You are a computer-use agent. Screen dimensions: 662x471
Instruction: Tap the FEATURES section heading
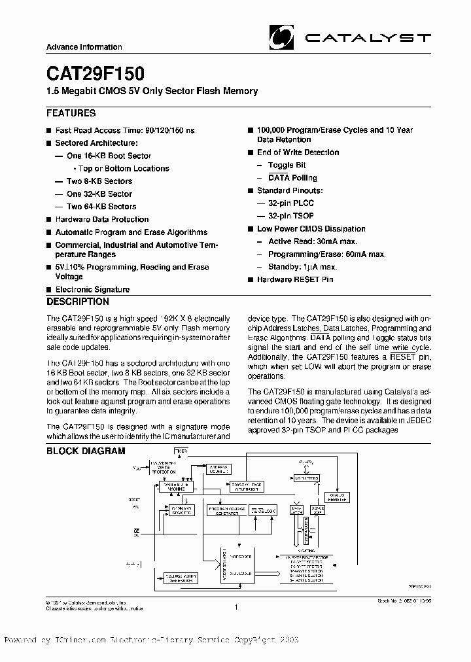point(71,113)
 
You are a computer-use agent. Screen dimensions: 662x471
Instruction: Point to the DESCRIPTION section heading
point(78,302)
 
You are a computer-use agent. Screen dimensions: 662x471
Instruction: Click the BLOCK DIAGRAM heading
point(86,451)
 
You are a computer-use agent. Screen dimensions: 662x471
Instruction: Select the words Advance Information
point(84,47)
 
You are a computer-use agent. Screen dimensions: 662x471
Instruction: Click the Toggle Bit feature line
point(287,165)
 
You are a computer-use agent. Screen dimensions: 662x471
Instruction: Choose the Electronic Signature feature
point(92,289)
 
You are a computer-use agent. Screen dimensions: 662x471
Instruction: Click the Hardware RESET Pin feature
point(295,279)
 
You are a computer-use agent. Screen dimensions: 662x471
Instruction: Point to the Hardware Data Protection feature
point(101,219)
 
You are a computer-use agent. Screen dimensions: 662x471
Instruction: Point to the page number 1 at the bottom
point(235,607)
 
